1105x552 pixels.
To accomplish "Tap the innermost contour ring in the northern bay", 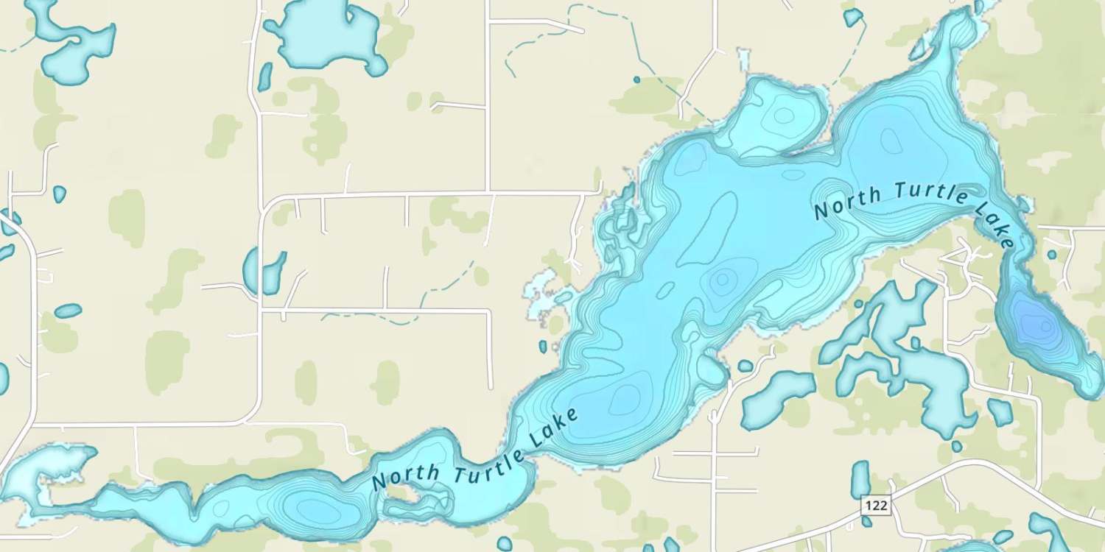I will click(783, 116).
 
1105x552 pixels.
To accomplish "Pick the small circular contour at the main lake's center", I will click(723, 279).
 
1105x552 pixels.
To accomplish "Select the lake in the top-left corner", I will click(74, 40).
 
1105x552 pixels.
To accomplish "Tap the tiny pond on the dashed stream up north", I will click(636, 79).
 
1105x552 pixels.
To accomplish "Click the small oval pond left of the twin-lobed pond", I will click(68, 311).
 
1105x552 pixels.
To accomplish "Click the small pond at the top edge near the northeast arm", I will click(853, 16).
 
